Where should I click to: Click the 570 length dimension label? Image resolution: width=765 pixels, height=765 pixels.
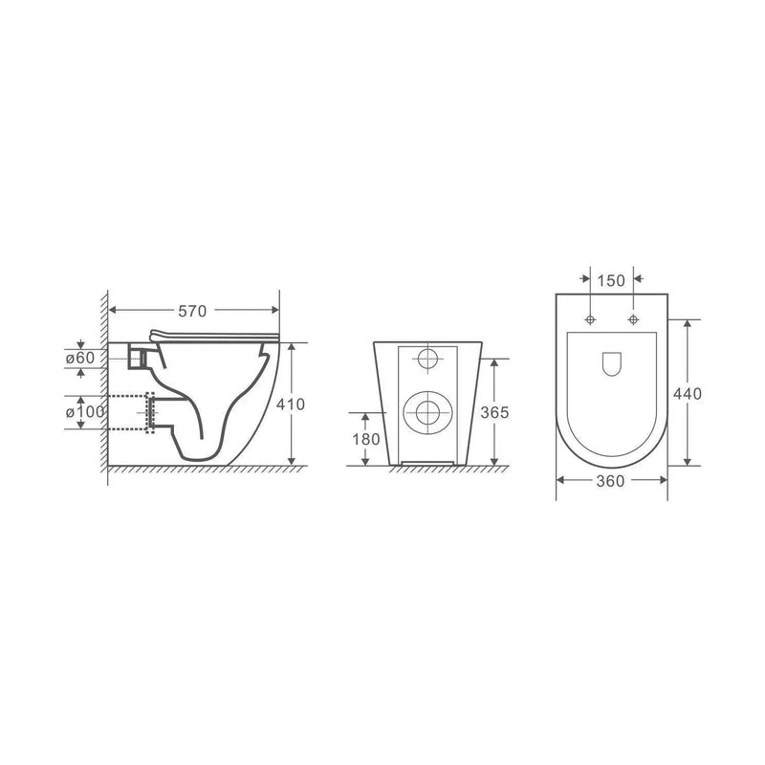coord(195,310)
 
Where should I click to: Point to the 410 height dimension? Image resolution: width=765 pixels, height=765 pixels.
coord(291,404)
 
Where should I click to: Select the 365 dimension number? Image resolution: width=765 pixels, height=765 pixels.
coord(493,413)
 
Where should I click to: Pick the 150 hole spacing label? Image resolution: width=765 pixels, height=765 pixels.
coord(611,280)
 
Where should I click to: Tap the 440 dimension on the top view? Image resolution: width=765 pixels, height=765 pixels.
coord(688,393)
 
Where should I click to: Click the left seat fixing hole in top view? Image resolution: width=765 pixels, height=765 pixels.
coord(590,318)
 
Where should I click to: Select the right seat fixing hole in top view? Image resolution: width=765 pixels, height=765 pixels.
coord(633,318)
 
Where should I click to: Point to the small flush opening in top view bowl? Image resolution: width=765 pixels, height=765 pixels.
coord(611,363)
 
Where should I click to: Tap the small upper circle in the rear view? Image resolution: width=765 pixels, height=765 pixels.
coord(427,360)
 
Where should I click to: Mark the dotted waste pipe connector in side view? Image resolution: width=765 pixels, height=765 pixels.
coord(149,412)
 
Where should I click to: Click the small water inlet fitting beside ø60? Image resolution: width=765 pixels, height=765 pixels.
coord(139,357)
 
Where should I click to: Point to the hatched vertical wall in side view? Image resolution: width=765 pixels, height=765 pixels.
coord(101,382)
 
